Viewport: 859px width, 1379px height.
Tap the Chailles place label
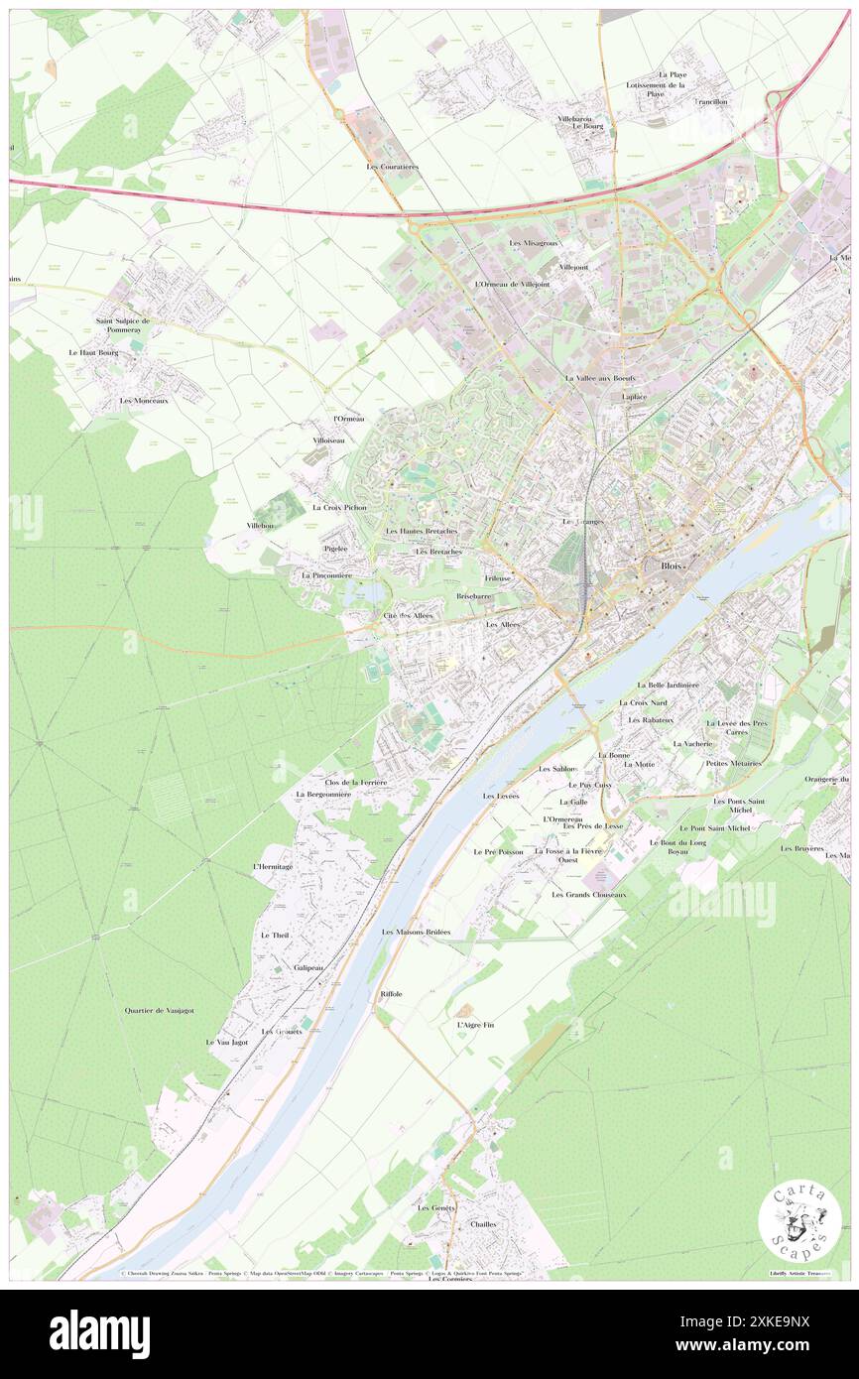483,1224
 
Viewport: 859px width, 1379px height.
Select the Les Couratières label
392,167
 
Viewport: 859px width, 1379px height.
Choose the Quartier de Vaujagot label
159,1010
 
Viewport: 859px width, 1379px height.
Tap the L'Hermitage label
273,866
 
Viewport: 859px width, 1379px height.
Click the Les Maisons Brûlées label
416,932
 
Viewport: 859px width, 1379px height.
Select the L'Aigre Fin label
474,1024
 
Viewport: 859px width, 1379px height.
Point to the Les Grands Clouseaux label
589,894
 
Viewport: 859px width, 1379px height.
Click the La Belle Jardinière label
669,685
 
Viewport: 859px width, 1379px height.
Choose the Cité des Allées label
408,616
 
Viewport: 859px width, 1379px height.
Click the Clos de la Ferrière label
348,783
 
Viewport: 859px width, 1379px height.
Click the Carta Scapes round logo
799,1221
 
